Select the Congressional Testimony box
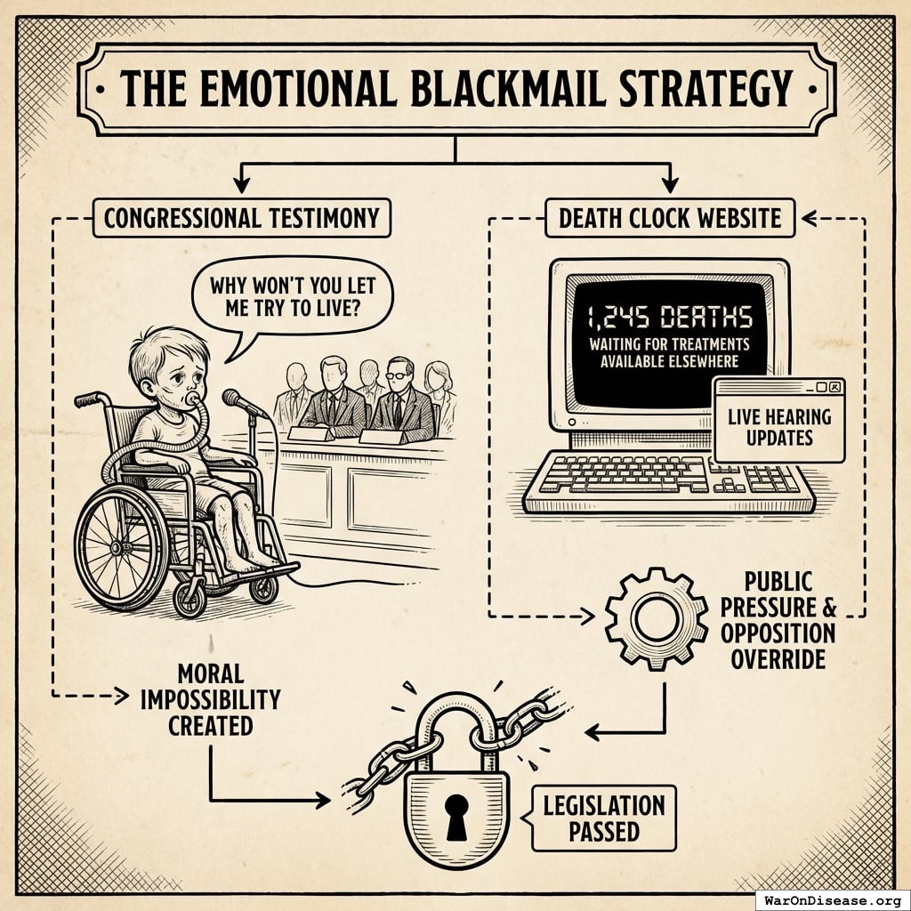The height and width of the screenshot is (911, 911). coord(241,219)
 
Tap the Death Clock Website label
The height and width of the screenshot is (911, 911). coord(670,219)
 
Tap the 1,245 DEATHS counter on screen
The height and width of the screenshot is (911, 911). coord(669,318)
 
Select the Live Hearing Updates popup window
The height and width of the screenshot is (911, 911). coord(779,420)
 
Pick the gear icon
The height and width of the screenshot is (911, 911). coord(657,619)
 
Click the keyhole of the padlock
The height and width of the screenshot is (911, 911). coord(456,817)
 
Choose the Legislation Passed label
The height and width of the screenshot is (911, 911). coord(604,818)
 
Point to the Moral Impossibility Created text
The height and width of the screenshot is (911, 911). coord(210,700)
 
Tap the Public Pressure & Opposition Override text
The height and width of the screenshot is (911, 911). coord(778,620)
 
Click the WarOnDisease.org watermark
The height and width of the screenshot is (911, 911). coord(833,900)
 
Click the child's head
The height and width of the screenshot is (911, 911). coord(168,366)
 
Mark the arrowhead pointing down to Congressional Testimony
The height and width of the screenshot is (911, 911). coord(241,185)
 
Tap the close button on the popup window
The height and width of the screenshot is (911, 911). coord(834,387)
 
